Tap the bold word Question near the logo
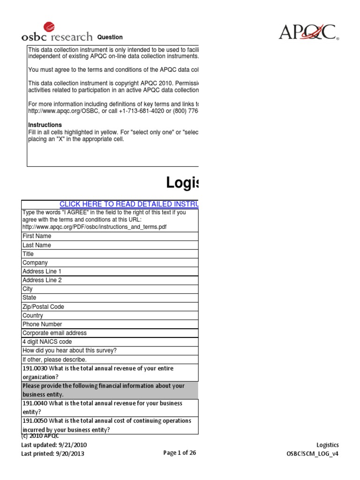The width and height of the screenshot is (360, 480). click(x=110, y=37)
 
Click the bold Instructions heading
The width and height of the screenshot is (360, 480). click(x=45, y=125)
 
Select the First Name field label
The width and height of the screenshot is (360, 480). click(x=37, y=236)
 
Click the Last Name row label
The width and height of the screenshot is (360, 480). click(x=37, y=245)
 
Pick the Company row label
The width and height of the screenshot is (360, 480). click(x=35, y=263)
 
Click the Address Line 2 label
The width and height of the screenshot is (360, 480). click(x=42, y=280)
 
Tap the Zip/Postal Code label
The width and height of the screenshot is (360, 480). click(x=43, y=307)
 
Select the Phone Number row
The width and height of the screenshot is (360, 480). click(x=42, y=324)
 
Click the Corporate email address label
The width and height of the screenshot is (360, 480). click(x=54, y=333)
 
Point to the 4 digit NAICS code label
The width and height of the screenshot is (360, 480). click(x=47, y=342)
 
